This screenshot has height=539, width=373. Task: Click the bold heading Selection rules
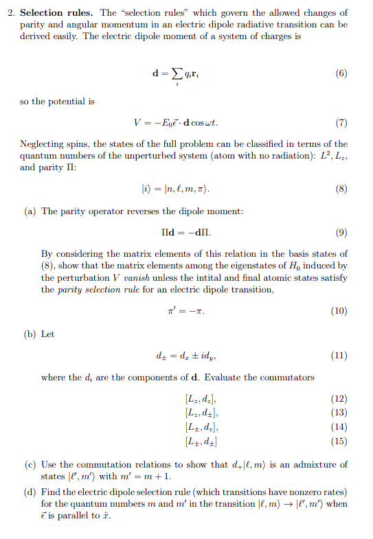tap(60, 13)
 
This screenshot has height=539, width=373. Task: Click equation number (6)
tap(340, 73)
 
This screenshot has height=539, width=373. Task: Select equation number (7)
tap(340, 124)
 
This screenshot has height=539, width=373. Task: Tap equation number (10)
tap(338, 310)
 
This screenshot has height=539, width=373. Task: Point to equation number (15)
tap(338, 441)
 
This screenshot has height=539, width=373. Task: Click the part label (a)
tap(31, 211)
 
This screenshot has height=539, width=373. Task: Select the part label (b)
tap(31, 334)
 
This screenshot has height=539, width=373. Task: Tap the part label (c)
tap(31, 465)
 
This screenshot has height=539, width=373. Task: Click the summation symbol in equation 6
tap(177, 75)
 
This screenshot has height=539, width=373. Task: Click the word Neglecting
tap(44, 144)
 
